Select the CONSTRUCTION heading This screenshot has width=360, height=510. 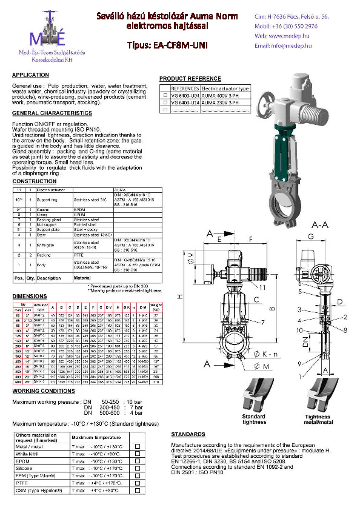click(x=35, y=181)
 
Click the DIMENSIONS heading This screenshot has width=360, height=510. click(x=30, y=296)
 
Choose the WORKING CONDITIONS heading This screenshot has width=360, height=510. click(x=44, y=391)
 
